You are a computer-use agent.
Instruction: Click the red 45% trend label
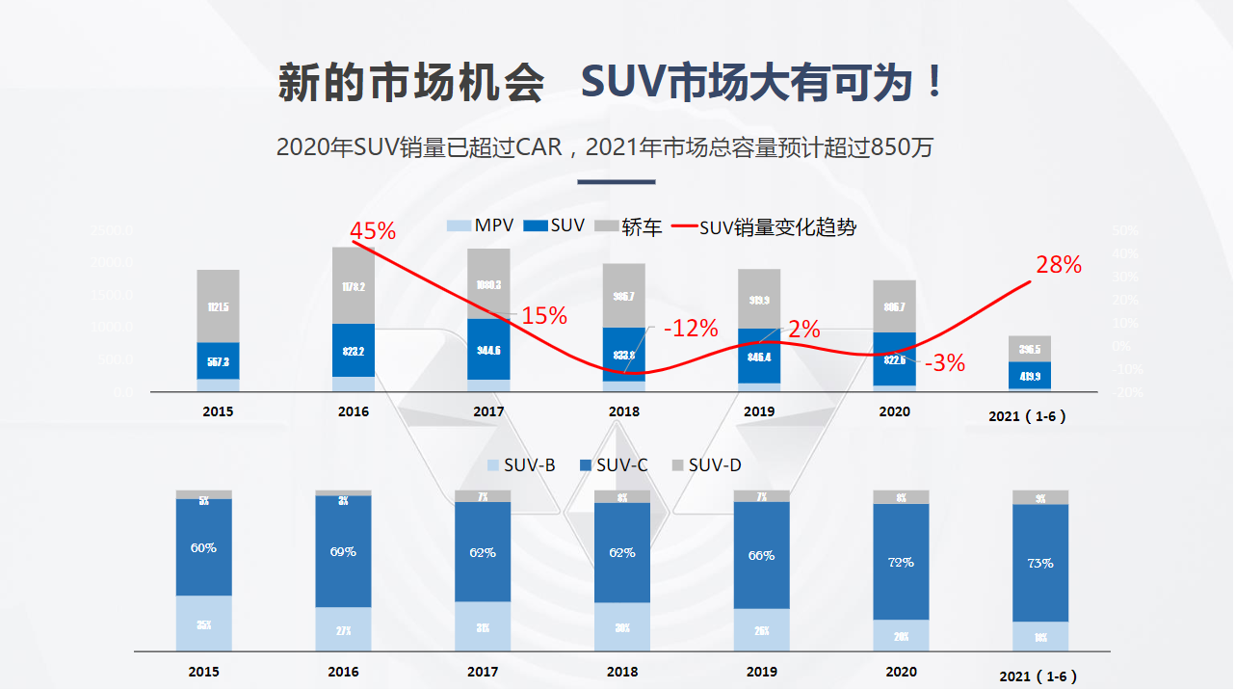click(373, 231)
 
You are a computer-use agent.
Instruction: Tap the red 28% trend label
click(1059, 265)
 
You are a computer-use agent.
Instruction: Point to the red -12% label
click(691, 329)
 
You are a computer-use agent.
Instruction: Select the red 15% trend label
click(544, 315)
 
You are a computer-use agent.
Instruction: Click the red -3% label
click(945, 363)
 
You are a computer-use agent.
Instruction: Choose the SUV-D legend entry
click(706, 465)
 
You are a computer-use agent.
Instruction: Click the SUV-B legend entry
click(521, 465)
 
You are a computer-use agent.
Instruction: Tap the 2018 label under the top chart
click(623, 411)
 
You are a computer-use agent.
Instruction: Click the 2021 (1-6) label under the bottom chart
click(1038, 676)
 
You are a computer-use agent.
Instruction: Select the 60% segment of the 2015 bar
click(203, 547)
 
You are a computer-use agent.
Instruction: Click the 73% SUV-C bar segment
click(1040, 563)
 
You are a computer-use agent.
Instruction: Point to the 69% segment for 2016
click(343, 551)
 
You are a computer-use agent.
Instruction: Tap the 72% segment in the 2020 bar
click(901, 562)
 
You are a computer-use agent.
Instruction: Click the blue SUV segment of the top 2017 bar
click(488, 349)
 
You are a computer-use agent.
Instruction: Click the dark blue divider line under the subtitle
click(616, 181)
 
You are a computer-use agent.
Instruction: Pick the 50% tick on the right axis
click(1125, 231)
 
